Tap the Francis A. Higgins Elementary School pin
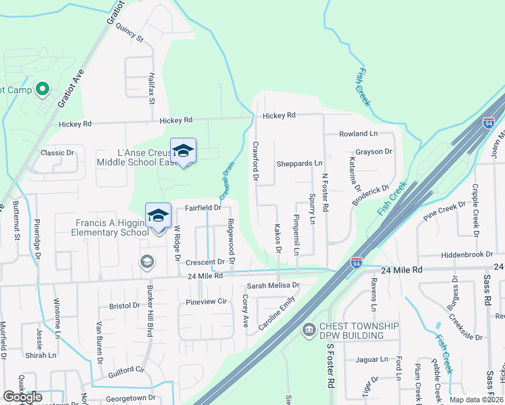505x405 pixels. pos(158,216)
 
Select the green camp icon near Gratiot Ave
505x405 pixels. pos(42,88)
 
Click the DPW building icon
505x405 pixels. pos(309,329)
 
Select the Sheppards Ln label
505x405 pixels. pos(299,164)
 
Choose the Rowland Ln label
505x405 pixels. pos(358,134)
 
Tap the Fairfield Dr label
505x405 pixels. pos(203,208)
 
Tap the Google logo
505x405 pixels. pos(22,397)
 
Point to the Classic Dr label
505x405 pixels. pos(57,153)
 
